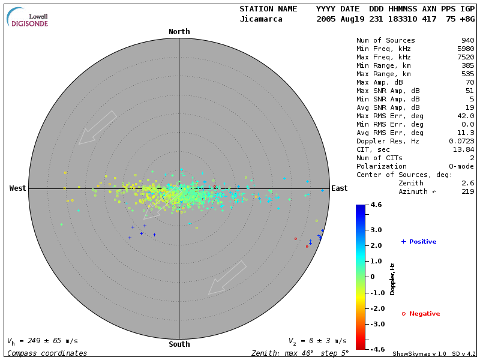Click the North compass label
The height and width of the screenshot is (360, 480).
(x=179, y=32)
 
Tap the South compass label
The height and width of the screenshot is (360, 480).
(x=179, y=344)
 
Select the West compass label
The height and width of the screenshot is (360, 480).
(x=17, y=188)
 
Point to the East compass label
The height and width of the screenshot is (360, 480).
(x=340, y=188)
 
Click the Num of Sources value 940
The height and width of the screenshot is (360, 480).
(x=467, y=41)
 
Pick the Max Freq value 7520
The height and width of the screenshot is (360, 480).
(x=465, y=58)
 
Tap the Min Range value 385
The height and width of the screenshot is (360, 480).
(x=467, y=66)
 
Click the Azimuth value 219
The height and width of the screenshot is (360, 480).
(x=467, y=192)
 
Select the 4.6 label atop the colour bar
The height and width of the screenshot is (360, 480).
(x=376, y=205)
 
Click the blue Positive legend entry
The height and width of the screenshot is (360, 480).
(x=419, y=242)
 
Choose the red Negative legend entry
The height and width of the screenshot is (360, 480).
(x=421, y=314)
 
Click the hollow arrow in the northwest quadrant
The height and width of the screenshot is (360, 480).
(x=97, y=127)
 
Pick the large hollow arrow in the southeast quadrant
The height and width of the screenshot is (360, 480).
(x=227, y=278)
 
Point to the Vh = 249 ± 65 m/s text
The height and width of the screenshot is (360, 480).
(x=43, y=341)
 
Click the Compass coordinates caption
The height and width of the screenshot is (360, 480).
(x=47, y=353)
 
